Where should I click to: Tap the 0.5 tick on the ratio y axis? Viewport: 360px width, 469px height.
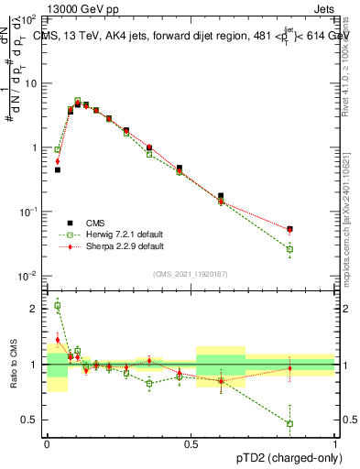point(33,420)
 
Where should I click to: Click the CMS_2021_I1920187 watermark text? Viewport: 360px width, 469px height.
point(191,272)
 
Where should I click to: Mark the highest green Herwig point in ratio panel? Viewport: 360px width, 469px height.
point(58,306)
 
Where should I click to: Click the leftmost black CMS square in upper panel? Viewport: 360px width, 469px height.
point(58,169)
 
